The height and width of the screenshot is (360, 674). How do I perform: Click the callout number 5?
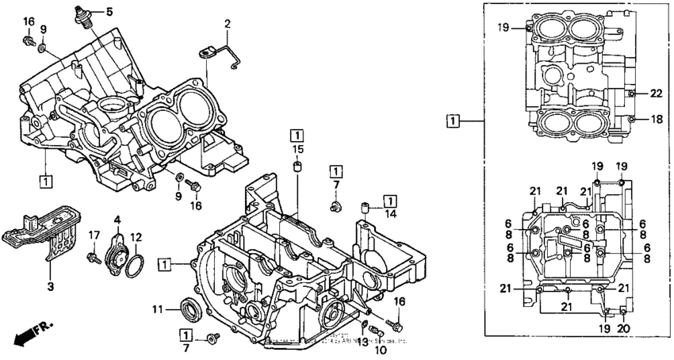point(109,11)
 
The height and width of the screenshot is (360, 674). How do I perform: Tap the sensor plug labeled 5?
point(84,16)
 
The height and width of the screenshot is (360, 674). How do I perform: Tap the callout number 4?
point(117,220)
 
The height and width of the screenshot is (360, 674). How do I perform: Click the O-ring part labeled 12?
point(136,266)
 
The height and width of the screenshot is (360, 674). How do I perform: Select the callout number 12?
point(136,236)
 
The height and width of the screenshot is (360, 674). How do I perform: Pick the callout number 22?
point(656,94)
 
